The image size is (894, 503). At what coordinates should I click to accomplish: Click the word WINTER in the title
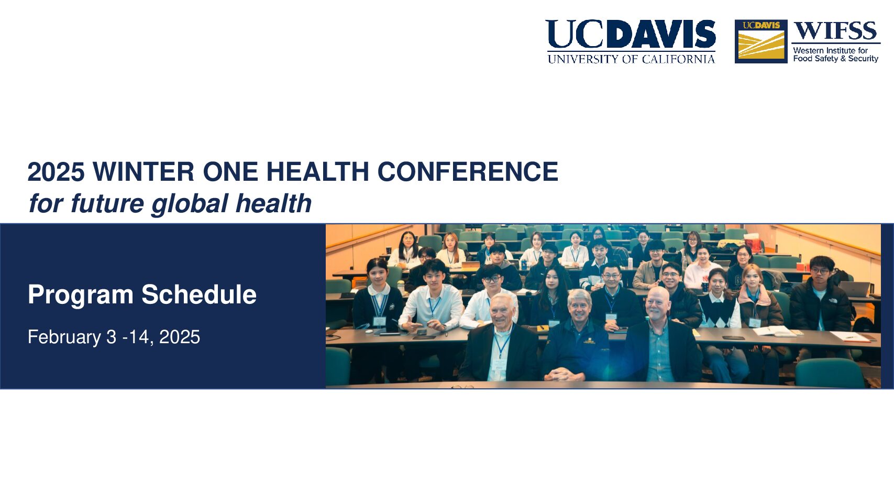pyautogui.click(x=144, y=172)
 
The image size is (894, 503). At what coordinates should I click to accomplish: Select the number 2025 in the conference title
pyautogui.click(x=56, y=172)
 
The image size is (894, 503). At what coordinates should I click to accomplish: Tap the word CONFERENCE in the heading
pyautogui.click(x=468, y=172)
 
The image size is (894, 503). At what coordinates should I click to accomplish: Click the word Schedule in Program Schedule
pyautogui.click(x=199, y=294)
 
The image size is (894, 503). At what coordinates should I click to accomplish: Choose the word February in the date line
pyautogui.click(x=64, y=337)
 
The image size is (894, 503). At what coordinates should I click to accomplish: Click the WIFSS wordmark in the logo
pyautogui.click(x=835, y=31)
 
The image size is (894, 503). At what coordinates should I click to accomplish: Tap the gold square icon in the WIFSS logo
pyautogui.click(x=761, y=41)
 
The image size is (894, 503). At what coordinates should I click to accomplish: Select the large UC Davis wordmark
pyautogui.click(x=631, y=34)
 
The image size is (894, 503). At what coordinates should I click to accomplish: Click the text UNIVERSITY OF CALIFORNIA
pyautogui.click(x=631, y=59)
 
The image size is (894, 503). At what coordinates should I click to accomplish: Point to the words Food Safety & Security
pyautogui.click(x=836, y=59)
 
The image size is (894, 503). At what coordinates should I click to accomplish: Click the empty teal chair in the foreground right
pyautogui.click(x=830, y=373)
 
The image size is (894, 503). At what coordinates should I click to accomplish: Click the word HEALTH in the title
pyautogui.click(x=318, y=172)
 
